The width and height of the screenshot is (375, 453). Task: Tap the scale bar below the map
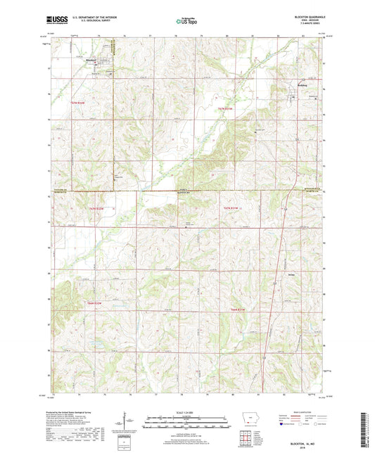(x=186, y=424)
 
